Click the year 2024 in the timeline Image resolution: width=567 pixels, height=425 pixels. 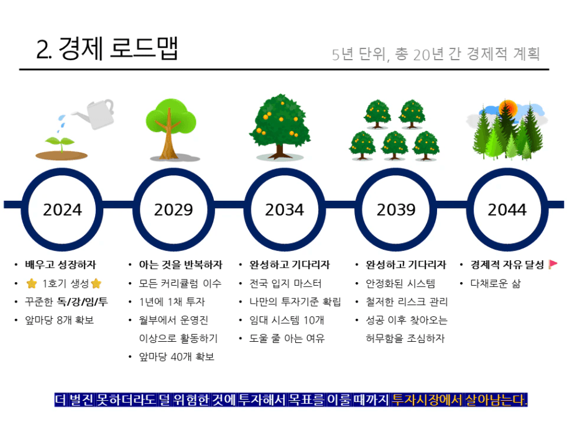[x=63, y=210]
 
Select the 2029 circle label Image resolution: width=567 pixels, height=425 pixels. [x=173, y=210]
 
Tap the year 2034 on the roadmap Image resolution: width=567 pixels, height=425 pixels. [x=285, y=210]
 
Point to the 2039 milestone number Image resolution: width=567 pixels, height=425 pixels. [x=396, y=210]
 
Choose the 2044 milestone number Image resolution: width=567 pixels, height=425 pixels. [x=507, y=210]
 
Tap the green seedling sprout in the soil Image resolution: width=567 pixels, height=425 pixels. [x=60, y=144]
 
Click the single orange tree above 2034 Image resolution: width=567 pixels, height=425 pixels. [x=280, y=127]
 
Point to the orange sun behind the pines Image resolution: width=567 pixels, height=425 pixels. [x=508, y=107]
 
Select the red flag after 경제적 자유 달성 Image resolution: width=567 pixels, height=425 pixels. [x=553, y=265]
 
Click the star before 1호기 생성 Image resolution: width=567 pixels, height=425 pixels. [x=32, y=284]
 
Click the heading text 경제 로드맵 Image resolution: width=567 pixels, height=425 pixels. [x=118, y=48]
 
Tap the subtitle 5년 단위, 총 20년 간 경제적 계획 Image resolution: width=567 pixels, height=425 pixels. [x=436, y=54]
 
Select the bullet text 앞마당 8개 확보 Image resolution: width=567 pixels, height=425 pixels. [x=59, y=320]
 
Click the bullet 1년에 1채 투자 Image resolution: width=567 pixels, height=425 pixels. [x=172, y=302]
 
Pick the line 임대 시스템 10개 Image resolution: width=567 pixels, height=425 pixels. [x=287, y=320]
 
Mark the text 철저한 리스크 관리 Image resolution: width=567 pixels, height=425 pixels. [x=407, y=302]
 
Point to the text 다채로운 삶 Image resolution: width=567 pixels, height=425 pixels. [x=496, y=284]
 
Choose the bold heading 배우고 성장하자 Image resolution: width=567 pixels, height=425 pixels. [x=60, y=265]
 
